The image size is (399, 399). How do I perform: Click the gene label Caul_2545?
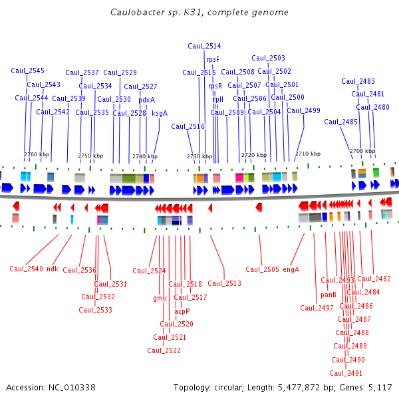click(28, 70)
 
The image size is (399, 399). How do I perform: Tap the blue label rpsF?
click(212, 59)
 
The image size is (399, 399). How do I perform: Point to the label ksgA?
click(160, 113)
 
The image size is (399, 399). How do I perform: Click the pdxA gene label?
click(146, 100)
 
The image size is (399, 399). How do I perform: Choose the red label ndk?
click(53, 269)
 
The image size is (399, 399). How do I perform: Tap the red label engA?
click(291, 269)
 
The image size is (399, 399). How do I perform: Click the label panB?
click(329, 295)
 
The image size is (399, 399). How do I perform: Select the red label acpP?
click(182, 311)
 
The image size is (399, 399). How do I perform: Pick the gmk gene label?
click(160, 298)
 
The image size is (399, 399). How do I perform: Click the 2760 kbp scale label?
click(37, 154)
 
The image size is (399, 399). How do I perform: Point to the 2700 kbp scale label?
click(362, 151)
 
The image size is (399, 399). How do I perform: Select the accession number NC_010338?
click(70, 387)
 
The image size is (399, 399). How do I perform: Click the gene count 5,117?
click(380, 387)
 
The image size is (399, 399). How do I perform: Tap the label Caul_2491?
click(346, 373)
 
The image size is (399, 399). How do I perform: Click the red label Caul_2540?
click(27, 269)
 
